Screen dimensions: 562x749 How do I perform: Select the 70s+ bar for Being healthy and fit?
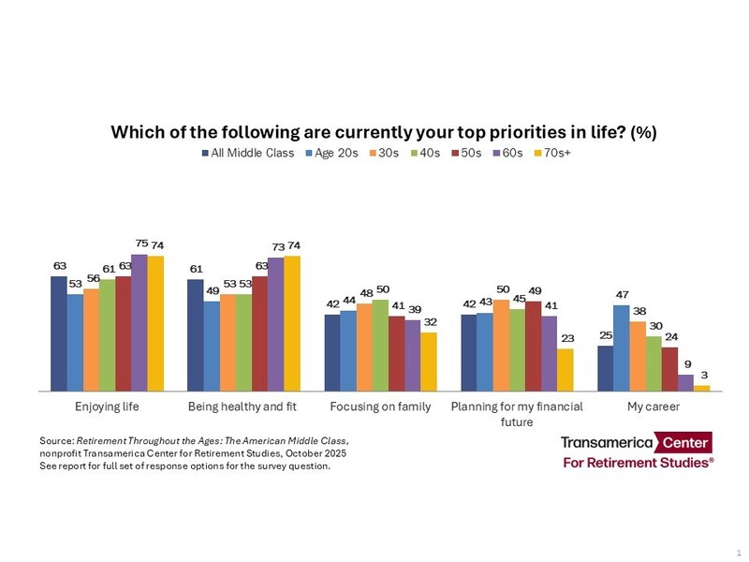click(293, 322)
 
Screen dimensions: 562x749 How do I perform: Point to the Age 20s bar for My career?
click(621, 347)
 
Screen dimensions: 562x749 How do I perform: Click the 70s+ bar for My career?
click(702, 387)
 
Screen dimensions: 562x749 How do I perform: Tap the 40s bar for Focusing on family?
click(380, 344)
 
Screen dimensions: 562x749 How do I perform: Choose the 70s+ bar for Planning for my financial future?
click(565, 369)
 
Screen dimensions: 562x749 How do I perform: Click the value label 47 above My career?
click(621, 296)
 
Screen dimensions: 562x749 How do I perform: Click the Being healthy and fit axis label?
click(242, 407)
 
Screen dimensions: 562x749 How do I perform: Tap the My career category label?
click(653, 407)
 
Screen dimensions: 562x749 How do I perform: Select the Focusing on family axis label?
click(380, 407)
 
